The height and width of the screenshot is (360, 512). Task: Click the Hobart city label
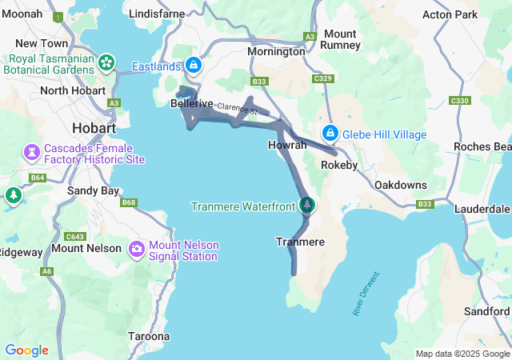click(x=94, y=127)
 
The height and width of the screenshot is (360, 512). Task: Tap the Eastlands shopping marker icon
click(x=192, y=65)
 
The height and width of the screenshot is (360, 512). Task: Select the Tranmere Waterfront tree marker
click(x=306, y=206)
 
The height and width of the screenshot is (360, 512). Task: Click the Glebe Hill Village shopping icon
click(x=330, y=134)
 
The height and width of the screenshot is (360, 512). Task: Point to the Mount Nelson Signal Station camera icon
click(x=136, y=250)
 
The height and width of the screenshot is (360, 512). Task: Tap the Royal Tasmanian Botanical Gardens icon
click(x=106, y=62)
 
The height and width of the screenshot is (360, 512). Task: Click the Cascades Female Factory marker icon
click(x=32, y=152)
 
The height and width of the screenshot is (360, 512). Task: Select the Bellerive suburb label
click(x=192, y=104)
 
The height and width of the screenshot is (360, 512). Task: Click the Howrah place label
click(x=286, y=145)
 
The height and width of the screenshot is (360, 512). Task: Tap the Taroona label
click(x=149, y=336)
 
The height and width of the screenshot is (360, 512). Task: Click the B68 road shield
click(x=129, y=202)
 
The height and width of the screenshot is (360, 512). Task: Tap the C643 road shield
click(x=75, y=237)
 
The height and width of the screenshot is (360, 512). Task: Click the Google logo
click(x=26, y=350)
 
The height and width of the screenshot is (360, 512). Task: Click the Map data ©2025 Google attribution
click(x=462, y=354)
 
